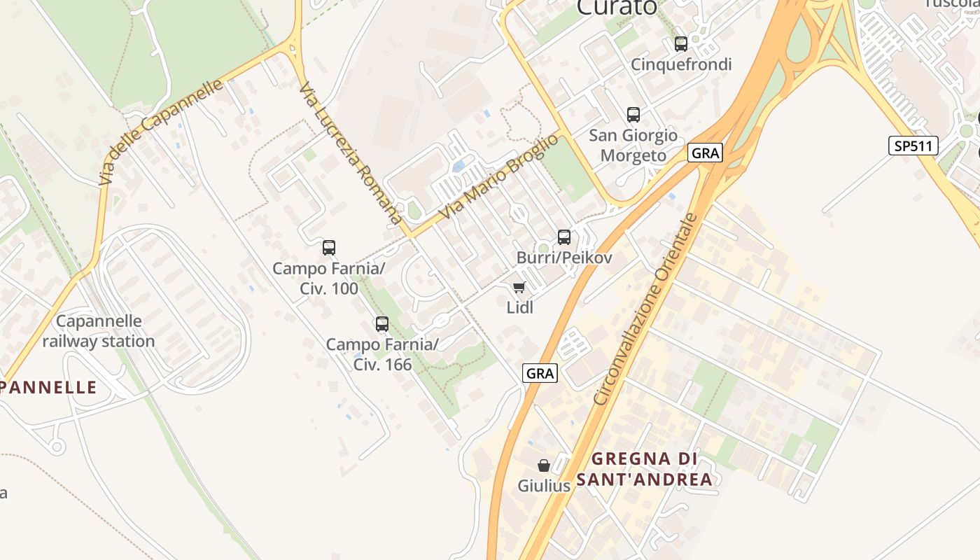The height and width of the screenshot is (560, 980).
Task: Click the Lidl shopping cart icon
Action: (519, 287)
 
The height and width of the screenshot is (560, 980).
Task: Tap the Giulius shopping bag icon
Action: (544, 465)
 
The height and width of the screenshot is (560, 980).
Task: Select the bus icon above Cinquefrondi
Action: (680, 44)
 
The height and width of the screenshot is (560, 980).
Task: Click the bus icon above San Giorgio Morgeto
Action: (633, 115)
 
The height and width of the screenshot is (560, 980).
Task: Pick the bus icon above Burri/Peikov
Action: (564, 237)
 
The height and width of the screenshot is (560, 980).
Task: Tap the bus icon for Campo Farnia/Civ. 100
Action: (329, 248)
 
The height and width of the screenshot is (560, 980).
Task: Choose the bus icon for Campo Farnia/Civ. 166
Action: (382, 324)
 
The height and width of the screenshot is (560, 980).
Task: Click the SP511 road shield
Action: (913, 146)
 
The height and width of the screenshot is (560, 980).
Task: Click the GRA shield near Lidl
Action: (540, 374)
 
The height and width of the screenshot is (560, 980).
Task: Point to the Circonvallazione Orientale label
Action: (645, 309)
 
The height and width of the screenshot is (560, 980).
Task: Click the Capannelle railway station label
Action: (99, 331)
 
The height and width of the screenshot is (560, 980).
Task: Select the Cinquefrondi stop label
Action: (681, 64)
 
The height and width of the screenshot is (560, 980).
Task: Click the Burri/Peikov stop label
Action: (564, 258)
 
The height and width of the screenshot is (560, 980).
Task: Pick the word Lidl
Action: (519, 307)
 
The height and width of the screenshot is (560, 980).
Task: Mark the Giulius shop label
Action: (544, 485)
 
